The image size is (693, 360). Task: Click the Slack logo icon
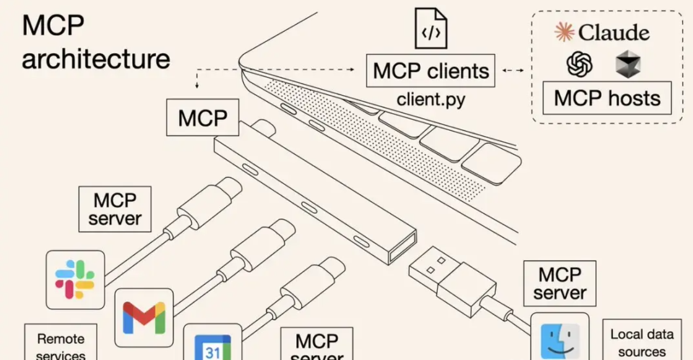tap(75, 279)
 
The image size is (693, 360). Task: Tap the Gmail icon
tap(144, 317)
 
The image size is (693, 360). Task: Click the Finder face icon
tap(560, 341)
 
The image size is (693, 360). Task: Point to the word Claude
tap(614, 33)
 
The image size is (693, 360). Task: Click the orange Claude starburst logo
tap(564, 32)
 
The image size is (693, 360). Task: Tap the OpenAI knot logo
tap(579, 65)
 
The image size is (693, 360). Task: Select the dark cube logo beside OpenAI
tap(627, 65)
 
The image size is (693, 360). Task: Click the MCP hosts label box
tap(607, 98)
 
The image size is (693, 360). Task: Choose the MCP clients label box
tap(431, 71)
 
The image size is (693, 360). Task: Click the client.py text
tap(431, 99)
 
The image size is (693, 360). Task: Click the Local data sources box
tap(641, 341)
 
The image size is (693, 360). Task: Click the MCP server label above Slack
tap(115, 209)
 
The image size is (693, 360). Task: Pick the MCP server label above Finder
tap(559, 283)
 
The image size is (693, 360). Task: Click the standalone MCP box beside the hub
tap(203, 118)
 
